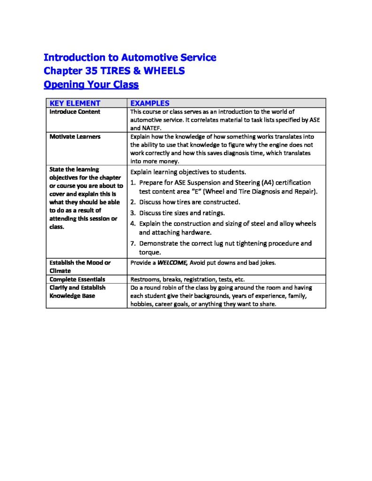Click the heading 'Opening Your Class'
coord(91,85)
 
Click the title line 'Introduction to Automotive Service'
coord(130,57)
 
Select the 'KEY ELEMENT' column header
coord(75,103)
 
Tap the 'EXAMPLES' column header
coord(150,103)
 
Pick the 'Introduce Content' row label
coord(75,112)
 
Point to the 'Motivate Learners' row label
coord(75,137)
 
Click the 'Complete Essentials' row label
coord(77,279)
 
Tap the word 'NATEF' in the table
coord(152,128)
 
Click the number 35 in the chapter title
coord(88,71)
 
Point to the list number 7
coord(133,243)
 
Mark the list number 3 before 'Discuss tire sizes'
coord(133,213)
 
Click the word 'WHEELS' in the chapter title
coord(163,71)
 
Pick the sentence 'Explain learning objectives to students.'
coord(188,171)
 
